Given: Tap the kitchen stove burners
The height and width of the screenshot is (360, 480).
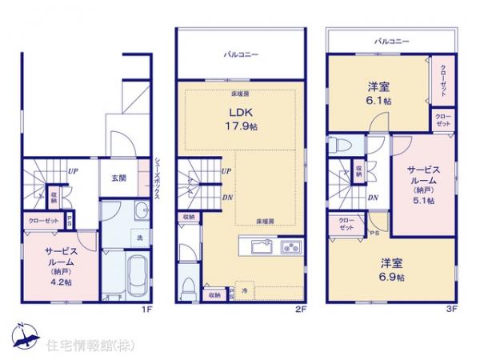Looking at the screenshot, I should (290, 245).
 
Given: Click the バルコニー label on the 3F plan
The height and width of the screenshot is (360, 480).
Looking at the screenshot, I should (391, 39).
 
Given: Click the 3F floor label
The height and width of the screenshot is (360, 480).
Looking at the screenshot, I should (452, 306).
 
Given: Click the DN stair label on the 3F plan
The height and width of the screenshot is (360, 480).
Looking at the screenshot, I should (372, 198).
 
